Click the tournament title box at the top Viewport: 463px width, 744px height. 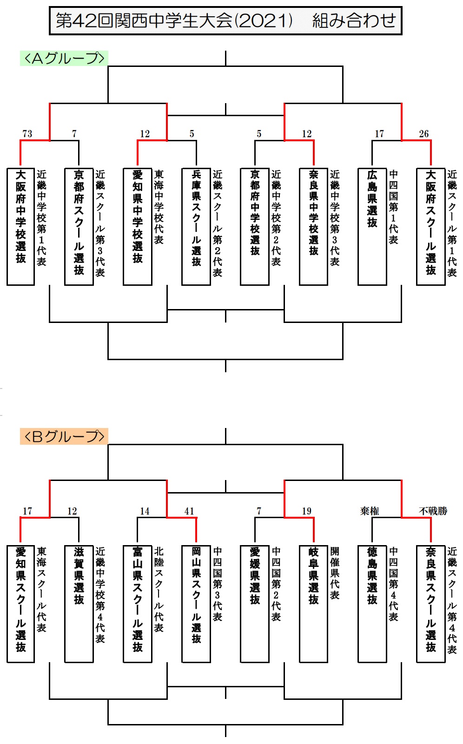pos(225,20)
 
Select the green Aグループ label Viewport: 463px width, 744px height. pos(64,58)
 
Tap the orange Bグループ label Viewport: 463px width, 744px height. pos(64,436)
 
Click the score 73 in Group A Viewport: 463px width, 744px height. pos(27,133)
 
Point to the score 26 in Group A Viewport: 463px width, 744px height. pos(424,133)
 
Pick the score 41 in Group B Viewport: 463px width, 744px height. pos(189,511)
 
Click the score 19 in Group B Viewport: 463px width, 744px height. pos(306,511)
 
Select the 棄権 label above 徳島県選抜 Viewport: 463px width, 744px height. pos(370,511)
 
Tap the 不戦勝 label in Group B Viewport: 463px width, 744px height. pos(433,511)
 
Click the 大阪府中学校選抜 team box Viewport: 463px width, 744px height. pos(20,226)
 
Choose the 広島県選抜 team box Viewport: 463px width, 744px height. pos(372,226)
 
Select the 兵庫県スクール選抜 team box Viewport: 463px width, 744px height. pos(196,226)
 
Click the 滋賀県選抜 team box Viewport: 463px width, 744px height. pos(79,604)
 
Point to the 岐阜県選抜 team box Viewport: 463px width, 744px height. pos(313,604)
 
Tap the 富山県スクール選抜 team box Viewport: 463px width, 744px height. pos(138,604)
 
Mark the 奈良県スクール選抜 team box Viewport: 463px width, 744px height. pos(431,604)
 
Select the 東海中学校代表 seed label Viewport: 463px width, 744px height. pos(159,207)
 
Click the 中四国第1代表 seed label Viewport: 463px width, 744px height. pos(393,207)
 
